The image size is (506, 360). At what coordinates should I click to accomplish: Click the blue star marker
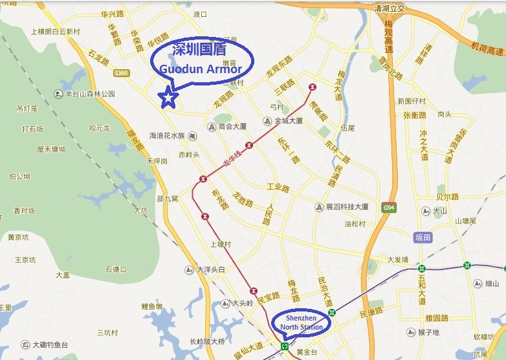[x=169, y=97]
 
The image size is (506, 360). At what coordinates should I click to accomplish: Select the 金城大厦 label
[x=289, y=121]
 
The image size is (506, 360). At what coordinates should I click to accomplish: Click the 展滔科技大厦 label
[x=347, y=207]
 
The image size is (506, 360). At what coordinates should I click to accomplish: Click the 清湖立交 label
[x=390, y=8]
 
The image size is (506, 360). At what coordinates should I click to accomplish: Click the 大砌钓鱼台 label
[x=50, y=344]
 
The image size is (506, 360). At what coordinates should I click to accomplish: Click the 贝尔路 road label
[x=447, y=196]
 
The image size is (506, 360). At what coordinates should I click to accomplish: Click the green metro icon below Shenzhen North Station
[x=285, y=347]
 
